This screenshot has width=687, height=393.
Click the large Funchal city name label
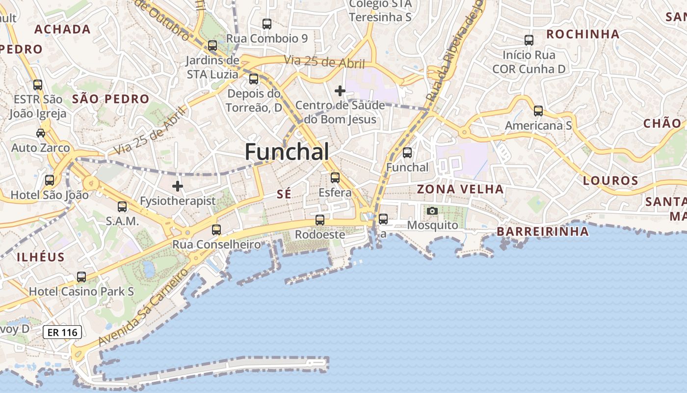pyautogui.click(x=287, y=152)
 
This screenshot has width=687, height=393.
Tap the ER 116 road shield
pyautogui.click(x=63, y=333)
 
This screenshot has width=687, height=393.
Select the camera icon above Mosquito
pyautogui.click(x=432, y=211)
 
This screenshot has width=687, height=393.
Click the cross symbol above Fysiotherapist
pyautogui.click(x=178, y=186)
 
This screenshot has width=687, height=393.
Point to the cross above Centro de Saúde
pyautogui.click(x=340, y=91)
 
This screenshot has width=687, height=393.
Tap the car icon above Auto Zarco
pyautogui.click(x=41, y=133)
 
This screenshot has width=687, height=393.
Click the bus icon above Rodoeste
pyautogui.click(x=320, y=220)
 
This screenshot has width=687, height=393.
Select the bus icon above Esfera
pyautogui.click(x=335, y=177)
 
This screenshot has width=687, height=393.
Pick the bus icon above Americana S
pyautogui.click(x=538, y=111)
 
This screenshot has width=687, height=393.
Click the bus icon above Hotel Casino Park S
pyautogui.click(x=81, y=277)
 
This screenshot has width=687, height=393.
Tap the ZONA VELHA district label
pyautogui.click(x=460, y=189)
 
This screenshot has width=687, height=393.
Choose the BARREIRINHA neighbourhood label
pyautogui.click(x=542, y=231)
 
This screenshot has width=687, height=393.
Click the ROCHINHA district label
pyautogui.click(x=583, y=34)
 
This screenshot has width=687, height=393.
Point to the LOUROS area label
pyautogui.click(x=610, y=181)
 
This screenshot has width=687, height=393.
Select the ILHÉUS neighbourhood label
pyautogui.click(x=41, y=257)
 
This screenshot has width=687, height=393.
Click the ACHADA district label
pyautogui.click(x=62, y=29)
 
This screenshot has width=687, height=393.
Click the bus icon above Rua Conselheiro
pyautogui.click(x=216, y=229)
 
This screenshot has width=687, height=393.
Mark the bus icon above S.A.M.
pyautogui.click(x=122, y=207)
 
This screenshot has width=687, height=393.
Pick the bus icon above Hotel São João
pyautogui.click(x=50, y=180)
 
